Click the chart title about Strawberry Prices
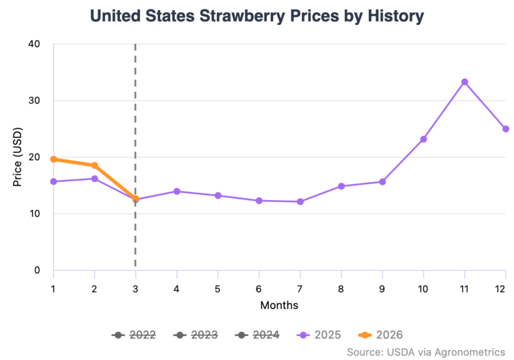256,16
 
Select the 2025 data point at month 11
464,82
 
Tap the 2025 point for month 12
505,129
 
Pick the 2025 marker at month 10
423,139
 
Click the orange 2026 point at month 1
54,159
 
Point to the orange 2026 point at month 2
94,165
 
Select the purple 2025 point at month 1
54,181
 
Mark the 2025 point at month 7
300,201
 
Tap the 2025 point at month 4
177,191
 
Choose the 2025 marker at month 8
341,186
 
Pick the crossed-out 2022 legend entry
135,335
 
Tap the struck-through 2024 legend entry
257,335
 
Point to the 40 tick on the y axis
33,44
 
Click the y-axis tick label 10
33,214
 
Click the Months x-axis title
279,305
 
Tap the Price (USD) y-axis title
18,157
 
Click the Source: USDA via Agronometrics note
426,351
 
